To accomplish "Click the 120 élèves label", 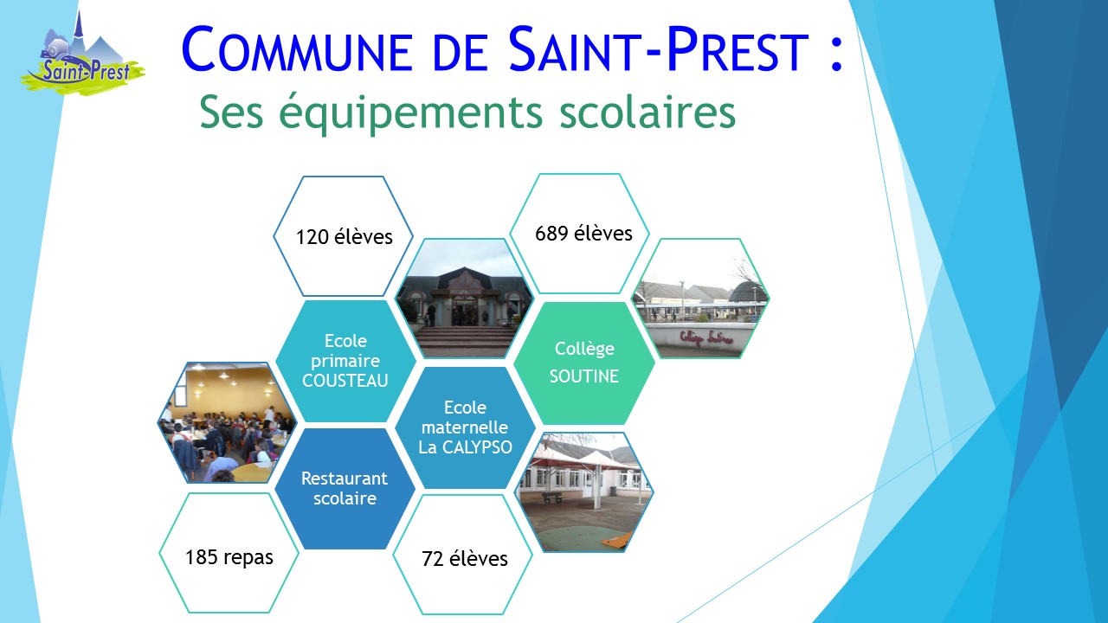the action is tap(344, 237).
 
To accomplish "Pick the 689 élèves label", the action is tap(583, 234).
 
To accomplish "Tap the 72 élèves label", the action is tap(465, 559).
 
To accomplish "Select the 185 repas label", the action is tap(229, 557).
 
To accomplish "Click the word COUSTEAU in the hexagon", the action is tap(345, 381).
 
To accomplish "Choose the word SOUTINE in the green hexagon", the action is tap(584, 376).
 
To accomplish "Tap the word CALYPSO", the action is tap(477, 447).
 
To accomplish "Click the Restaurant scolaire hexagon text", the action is tap(345, 489).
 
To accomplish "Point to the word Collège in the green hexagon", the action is tap(584, 349).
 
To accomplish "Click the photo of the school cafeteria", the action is tap(227, 423).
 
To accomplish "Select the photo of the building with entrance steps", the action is tap(465, 299).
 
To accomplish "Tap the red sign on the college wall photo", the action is tap(705, 338).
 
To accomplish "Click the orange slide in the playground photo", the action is tap(615, 541).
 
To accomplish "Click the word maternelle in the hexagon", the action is tap(465, 427).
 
